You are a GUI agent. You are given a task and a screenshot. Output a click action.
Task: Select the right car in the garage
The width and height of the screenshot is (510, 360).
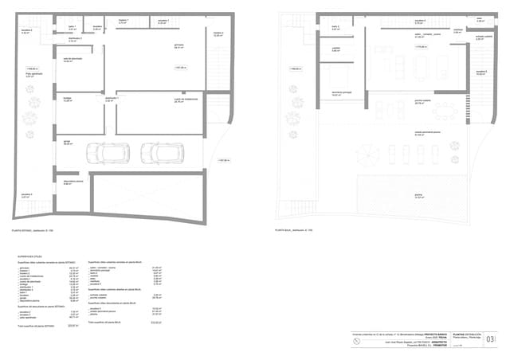[162, 152]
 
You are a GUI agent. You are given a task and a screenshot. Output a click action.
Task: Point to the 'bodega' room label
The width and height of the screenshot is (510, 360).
[68, 98]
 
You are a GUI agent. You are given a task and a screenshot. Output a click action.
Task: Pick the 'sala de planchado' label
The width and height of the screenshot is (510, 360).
[73, 58]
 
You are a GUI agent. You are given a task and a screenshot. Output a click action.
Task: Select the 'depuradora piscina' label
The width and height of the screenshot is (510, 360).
[73, 182]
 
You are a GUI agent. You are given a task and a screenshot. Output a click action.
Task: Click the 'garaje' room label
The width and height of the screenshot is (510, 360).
[68, 141]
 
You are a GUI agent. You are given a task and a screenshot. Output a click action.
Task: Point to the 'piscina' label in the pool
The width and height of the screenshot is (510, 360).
[418, 194]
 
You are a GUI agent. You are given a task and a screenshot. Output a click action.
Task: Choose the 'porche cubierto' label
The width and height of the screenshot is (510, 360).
[422, 101]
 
